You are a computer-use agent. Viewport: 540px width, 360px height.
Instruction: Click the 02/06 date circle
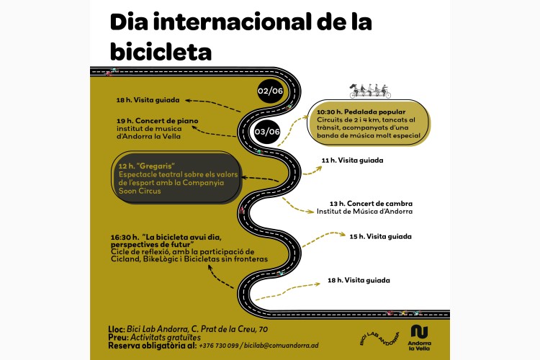(270, 91)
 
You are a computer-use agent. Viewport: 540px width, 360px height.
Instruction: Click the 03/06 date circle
(267, 132)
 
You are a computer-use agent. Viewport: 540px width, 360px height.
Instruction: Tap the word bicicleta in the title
(161, 52)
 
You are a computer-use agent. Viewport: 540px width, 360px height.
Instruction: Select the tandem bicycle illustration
(370, 91)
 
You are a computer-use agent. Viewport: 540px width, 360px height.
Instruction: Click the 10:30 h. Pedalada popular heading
(361, 112)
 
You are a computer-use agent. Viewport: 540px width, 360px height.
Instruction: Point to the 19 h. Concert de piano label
(158, 121)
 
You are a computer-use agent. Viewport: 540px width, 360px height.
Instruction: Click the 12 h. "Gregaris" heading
(147, 166)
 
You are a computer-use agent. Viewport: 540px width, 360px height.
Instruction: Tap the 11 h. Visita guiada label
(352, 160)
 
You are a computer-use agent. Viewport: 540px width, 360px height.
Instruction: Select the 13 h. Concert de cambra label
(371, 204)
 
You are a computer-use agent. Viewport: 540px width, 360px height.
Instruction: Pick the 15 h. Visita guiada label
(381, 236)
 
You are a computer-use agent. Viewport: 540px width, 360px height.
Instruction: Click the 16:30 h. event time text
(125, 238)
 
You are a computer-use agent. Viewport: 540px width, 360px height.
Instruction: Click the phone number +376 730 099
(219, 346)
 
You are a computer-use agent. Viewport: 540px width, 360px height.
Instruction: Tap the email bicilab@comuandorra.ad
(282, 346)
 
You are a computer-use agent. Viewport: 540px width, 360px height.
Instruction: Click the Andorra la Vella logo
(419, 338)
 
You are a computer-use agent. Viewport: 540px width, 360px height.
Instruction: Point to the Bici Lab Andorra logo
(379, 338)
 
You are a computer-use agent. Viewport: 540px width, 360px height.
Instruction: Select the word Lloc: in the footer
(117, 329)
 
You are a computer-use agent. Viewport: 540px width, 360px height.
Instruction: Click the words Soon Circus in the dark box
(140, 191)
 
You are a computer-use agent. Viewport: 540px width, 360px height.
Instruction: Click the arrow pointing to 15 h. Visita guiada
(323, 238)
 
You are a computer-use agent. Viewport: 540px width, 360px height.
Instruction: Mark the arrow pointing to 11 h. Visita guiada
(312, 171)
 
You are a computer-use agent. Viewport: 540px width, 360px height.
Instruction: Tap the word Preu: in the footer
(119, 338)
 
